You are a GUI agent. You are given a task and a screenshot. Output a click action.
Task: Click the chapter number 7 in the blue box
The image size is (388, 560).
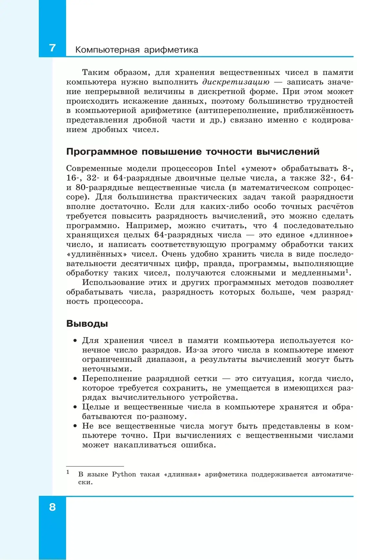click(x=52, y=48)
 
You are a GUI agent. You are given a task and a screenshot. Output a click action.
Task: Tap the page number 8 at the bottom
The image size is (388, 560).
click(x=52, y=507)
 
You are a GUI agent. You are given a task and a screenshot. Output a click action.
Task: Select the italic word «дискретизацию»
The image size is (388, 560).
click(x=236, y=82)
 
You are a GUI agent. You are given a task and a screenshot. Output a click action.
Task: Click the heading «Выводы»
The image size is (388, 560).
click(x=87, y=323)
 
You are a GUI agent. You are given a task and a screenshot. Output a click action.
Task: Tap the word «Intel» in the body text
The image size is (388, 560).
click(x=226, y=168)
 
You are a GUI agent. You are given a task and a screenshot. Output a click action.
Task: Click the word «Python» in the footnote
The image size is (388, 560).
click(x=124, y=474)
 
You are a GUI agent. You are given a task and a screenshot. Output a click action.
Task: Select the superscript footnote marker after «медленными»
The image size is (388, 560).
click(x=347, y=270)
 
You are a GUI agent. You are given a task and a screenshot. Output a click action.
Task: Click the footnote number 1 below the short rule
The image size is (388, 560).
click(x=68, y=472)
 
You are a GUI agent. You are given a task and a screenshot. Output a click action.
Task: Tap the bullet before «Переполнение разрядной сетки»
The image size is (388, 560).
click(x=75, y=379)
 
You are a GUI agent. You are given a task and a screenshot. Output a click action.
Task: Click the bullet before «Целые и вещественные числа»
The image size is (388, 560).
click(x=75, y=407)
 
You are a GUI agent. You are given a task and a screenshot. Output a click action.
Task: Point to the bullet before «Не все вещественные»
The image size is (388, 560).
click(x=75, y=426)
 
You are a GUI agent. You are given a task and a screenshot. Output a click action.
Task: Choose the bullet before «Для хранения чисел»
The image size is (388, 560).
click(x=75, y=341)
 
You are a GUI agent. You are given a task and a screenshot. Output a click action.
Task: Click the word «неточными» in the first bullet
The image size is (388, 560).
click(x=105, y=369)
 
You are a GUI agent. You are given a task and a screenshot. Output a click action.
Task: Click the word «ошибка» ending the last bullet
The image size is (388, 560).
click(x=198, y=445)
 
